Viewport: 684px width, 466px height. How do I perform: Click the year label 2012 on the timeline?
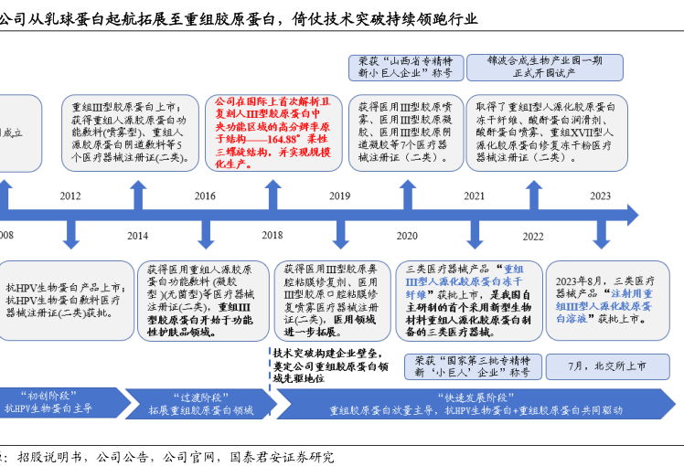click(x=70, y=196)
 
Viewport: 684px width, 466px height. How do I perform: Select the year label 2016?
click(x=205, y=196)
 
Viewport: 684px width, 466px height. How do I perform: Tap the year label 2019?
click(x=339, y=196)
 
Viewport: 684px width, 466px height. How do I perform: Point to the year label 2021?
click(x=474, y=196)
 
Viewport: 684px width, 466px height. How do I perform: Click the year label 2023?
click(x=600, y=196)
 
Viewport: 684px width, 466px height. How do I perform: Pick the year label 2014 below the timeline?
click(x=137, y=237)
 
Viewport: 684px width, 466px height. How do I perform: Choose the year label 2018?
click(x=272, y=237)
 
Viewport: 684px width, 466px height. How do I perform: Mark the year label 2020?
click(x=406, y=237)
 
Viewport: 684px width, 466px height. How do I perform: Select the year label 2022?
click(x=532, y=237)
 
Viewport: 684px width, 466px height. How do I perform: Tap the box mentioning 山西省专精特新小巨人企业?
click(x=404, y=67)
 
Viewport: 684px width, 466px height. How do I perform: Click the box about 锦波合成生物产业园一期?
click(x=544, y=67)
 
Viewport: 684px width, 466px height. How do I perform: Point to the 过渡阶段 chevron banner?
click(x=197, y=404)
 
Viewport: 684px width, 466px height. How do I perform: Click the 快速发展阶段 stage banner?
click(x=476, y=404)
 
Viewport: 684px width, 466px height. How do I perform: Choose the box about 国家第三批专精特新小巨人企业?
click(x=472, y=365)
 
